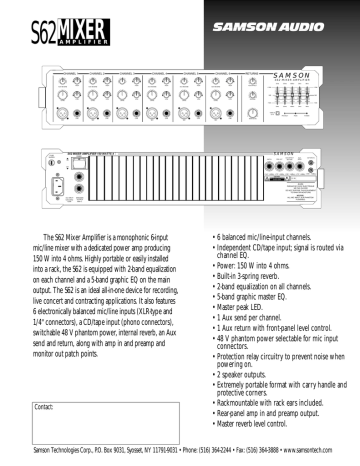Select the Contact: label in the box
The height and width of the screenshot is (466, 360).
[44, 408]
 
